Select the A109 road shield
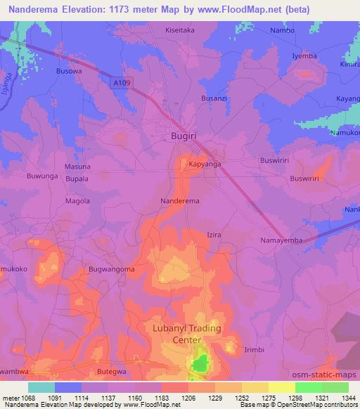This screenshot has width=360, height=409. pos(123,83)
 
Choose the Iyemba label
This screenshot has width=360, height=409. pos(305,56)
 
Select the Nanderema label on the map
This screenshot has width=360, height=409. pos(180,201)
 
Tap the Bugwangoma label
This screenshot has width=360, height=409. pos(111,269)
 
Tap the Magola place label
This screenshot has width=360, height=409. pos(77,201)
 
